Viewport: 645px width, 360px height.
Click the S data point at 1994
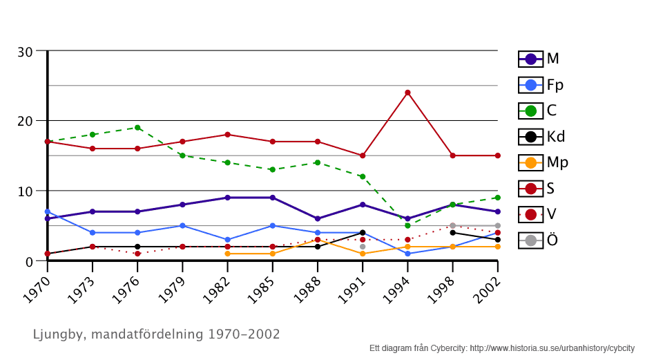(x=407, y=93)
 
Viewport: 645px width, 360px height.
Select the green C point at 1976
(x=137, y=128)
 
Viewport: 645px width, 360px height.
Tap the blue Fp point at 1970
(x=47, y=211)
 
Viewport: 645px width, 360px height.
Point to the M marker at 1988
(x=318, y=218)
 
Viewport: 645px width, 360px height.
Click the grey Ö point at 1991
(x=363, y=247)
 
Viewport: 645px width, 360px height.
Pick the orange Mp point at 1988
(x=318, y=240)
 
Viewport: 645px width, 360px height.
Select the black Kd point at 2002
(x=498, y=240)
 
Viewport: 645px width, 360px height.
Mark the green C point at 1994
(x=407, y=225)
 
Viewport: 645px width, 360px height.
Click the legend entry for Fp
(x=541, y=85)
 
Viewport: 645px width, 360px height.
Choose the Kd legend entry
(x=541, y=136)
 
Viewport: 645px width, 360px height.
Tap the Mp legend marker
(x=530, y=163)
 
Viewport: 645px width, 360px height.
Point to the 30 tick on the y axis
(x=26, y=52)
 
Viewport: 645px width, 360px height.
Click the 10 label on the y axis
(x=26, y=191)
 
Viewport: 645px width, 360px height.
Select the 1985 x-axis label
(x=262, y=284)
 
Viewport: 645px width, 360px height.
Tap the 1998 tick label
(x=442, y=284)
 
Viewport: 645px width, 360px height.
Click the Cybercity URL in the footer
(x=552, y=348)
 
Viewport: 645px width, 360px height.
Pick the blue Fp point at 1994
(x=407, y=254)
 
